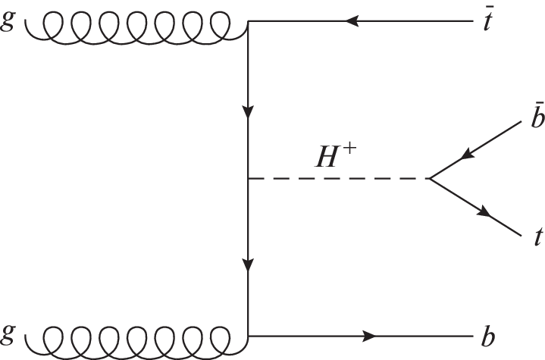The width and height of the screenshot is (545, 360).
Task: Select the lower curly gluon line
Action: click(136, 338)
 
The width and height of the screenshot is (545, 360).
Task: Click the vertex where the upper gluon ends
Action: click(249, 21)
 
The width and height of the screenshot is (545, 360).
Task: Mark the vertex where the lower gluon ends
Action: click(249, 335)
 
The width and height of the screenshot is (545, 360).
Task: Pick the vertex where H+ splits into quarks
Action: click(429, 180)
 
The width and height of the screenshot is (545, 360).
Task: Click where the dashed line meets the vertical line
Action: click(249, 180)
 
